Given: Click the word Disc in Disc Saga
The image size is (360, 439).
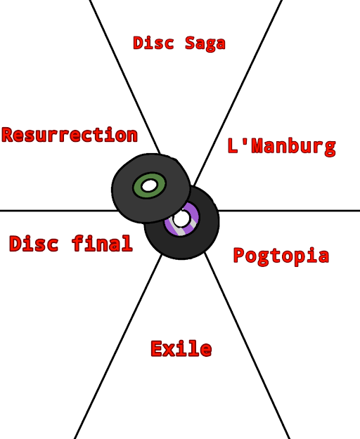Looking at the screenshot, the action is coord(153,43).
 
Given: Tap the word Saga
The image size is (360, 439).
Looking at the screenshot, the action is coord(205,44).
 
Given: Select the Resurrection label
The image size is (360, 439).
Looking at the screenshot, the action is coord(70,135).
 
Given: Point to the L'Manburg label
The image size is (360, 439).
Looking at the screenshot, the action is coord(281,146).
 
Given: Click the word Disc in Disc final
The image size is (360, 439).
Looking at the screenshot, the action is coord(34,243).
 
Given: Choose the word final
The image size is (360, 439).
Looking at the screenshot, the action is coord(102,243).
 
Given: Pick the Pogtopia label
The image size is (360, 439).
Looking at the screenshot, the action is coord(281,256).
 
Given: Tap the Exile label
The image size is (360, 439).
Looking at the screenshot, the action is coord(181,348).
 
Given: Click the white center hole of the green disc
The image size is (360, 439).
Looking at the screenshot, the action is coord(149,185).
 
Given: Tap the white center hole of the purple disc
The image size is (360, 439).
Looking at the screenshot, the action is coord(181,218).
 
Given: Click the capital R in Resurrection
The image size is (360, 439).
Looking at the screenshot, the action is coord(8,135).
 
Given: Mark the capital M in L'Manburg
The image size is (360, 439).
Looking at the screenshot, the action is coord(257,145).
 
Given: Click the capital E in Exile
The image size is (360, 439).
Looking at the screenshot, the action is coord(157,349).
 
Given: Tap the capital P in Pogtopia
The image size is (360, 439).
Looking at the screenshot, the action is coord(239,255).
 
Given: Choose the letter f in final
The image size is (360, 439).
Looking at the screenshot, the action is coord(77,243).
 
